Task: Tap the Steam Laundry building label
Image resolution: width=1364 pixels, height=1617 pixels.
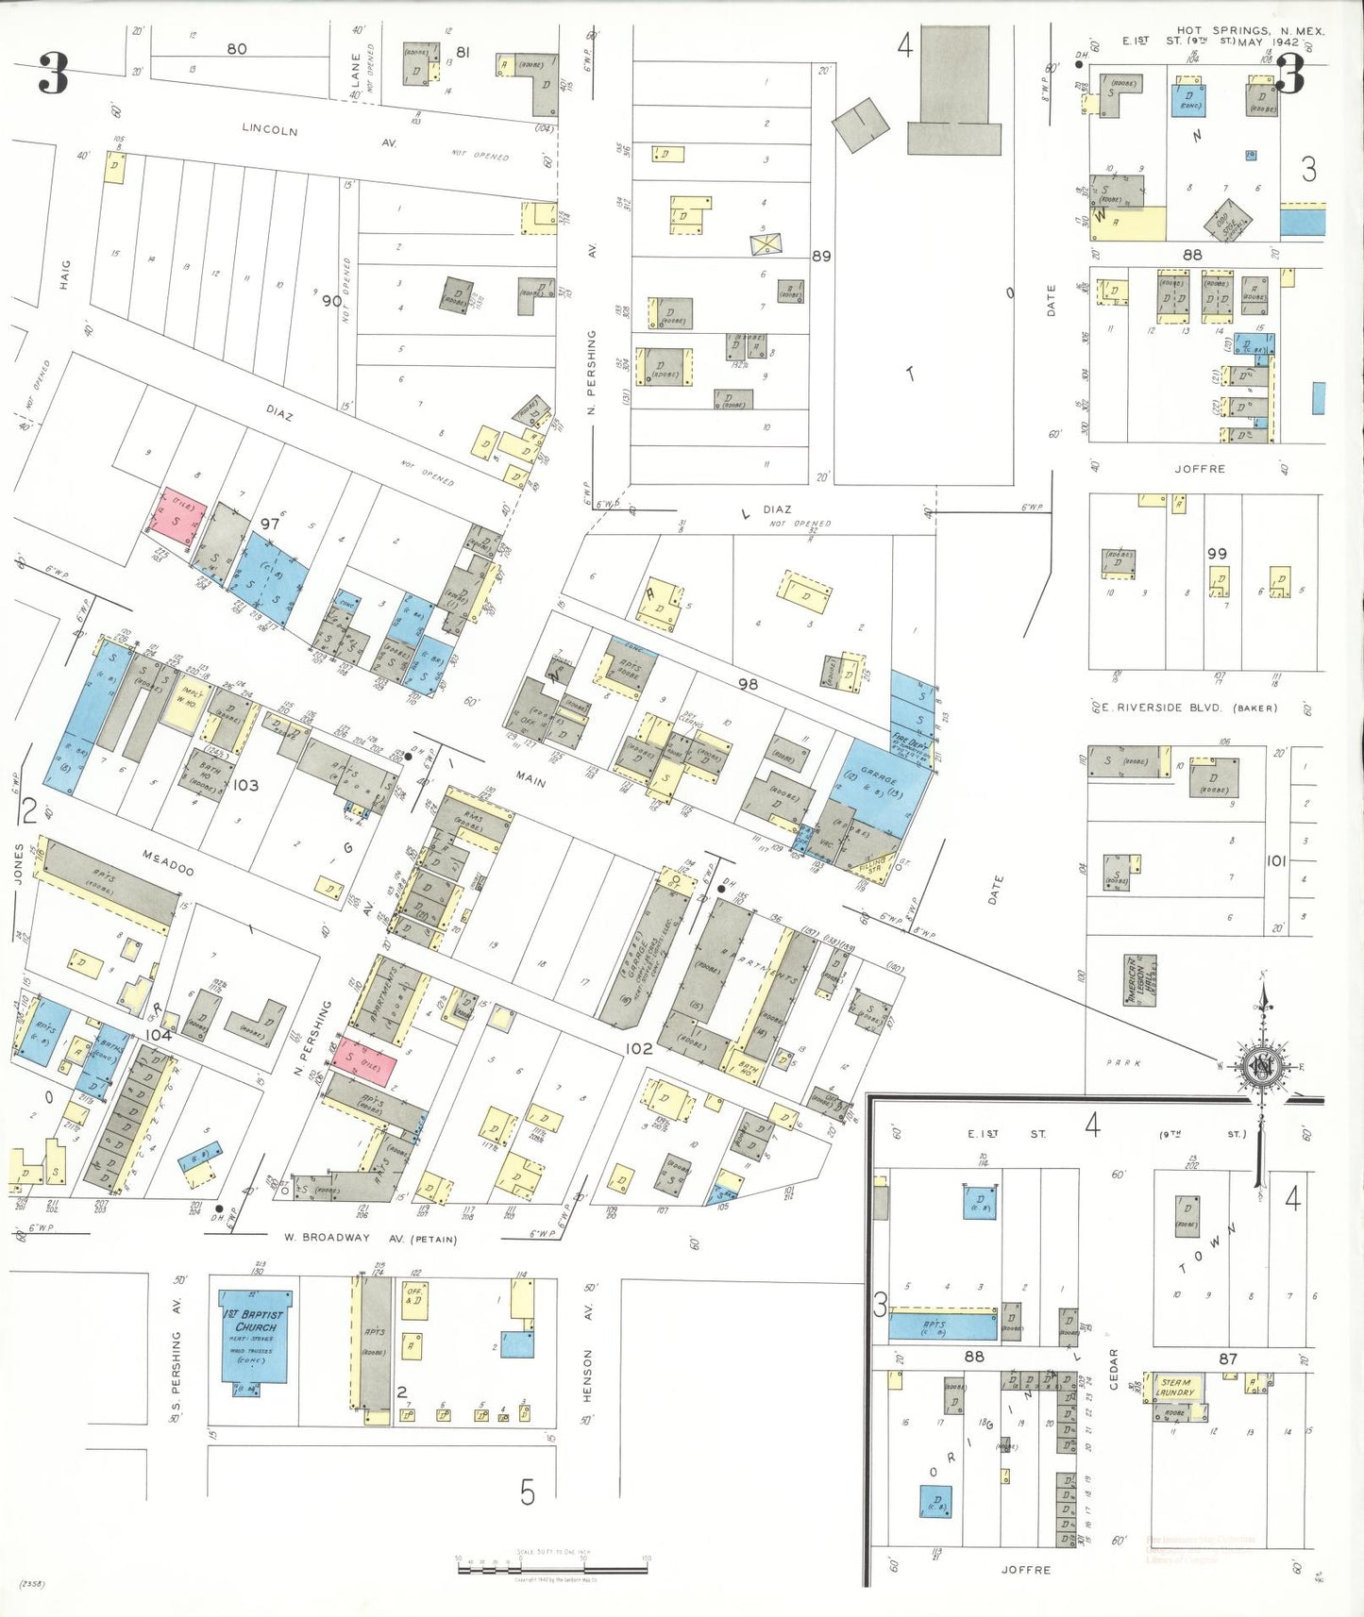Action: (x=1176, y=1387)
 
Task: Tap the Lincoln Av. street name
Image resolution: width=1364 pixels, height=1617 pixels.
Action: (x=270, y=129)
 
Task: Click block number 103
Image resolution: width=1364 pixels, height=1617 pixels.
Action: (x=245, y=785)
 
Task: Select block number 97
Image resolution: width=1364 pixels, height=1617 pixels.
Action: (x=270, y=524)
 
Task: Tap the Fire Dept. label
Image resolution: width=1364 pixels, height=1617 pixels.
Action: (x=912, y=744)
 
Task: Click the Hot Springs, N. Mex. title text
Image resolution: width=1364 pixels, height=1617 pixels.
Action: (x=1250, y=31)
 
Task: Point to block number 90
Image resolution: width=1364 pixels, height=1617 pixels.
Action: (x=331, y=301)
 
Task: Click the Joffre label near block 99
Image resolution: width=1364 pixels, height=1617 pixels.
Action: (x=1200, y=468)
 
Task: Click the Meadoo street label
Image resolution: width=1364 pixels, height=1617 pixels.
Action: (x=168, y=862)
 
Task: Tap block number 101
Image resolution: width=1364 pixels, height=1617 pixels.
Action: (x=1275, y=860)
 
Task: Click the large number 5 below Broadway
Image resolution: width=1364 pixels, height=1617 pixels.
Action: (x=527, y=1492)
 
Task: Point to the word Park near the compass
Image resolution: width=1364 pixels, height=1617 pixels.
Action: (x=1124, y=1063)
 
